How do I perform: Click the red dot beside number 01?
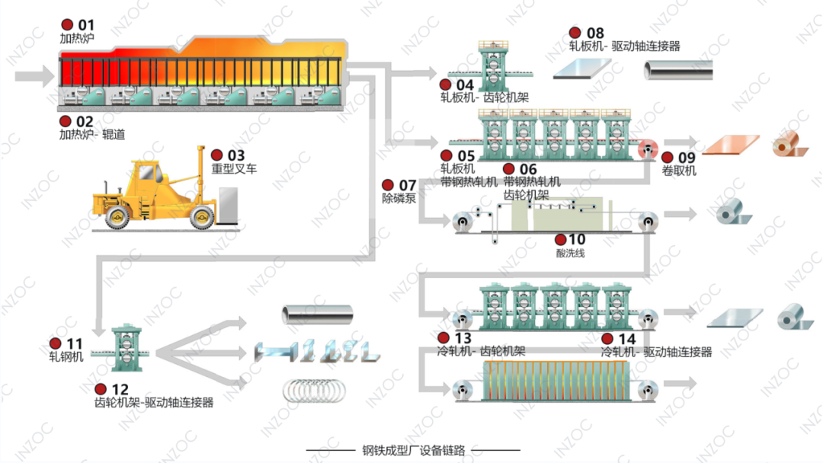pyautogui.click(x=67, y=25)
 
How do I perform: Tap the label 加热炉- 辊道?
pyautogui.click(x=92, y=135)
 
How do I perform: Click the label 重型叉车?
pyautogui.click(x=233, y=168)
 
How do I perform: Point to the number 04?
pyautogui.click(x=465, y=84)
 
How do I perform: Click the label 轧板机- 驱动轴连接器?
pyautogui.click(x=624, y=46)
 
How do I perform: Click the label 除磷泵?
pyautogui.click(x=399, y=198)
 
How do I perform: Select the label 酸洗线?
pyautogui.click(x=571, y=253)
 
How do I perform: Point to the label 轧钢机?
pyautogui.click(x=66, y=356)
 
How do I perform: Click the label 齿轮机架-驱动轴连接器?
pyautogui.click(x=154, y=402)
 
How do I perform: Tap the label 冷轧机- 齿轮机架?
pyautogui.click(x=481, y=352)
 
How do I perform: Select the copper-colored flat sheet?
pyautogui.click(x=731, y=145)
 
